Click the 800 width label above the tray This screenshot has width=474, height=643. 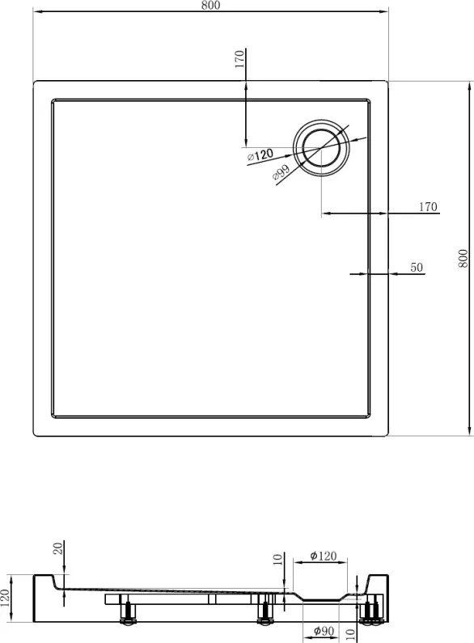[210, 5]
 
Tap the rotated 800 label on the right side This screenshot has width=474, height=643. [463, 258]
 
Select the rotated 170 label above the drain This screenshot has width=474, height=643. [239, 59]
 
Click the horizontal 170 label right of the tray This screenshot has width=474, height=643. [428, 207]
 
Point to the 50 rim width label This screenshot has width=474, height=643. [417, 268]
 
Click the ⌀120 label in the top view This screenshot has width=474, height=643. [260, 155]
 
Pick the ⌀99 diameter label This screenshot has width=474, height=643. [281, 171]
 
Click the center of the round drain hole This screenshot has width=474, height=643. [321, 148]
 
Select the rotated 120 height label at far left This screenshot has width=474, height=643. [5, 599]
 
